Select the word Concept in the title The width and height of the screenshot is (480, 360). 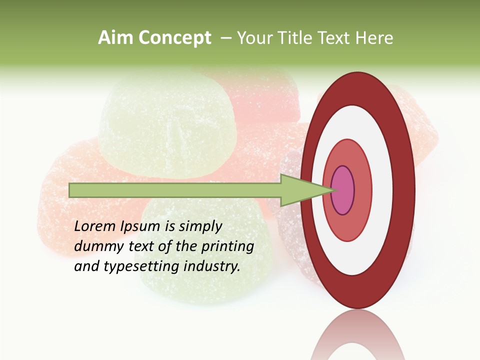coord(174,38)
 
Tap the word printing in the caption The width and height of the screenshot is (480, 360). coord(227,247)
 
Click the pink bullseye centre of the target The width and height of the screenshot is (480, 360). coord(343,190)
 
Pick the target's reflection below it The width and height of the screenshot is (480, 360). coord(358,340)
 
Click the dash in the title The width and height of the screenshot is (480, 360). coord(225,38)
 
